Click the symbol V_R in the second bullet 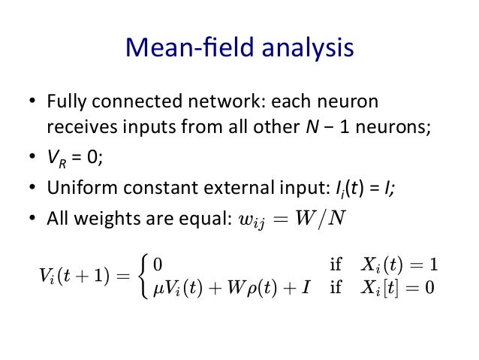point(55,158)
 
